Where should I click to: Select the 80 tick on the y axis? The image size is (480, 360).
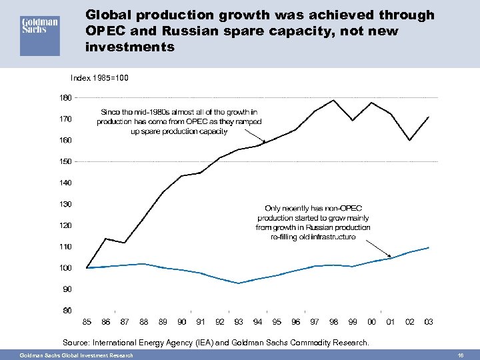(x=65, y=310)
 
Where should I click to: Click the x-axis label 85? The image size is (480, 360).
(x=87, y=322)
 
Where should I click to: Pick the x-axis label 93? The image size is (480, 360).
(x=239, y=322)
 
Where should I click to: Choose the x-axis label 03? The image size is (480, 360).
(x=429, y=322)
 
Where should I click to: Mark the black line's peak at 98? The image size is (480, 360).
(x=333, y=100)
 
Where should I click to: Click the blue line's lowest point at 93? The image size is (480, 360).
(x=239, y=283)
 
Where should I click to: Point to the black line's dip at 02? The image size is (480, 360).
(x=410, y=140)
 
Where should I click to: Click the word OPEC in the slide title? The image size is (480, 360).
(x=107, y=31)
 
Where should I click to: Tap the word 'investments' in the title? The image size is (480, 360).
(x=130, y=47)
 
